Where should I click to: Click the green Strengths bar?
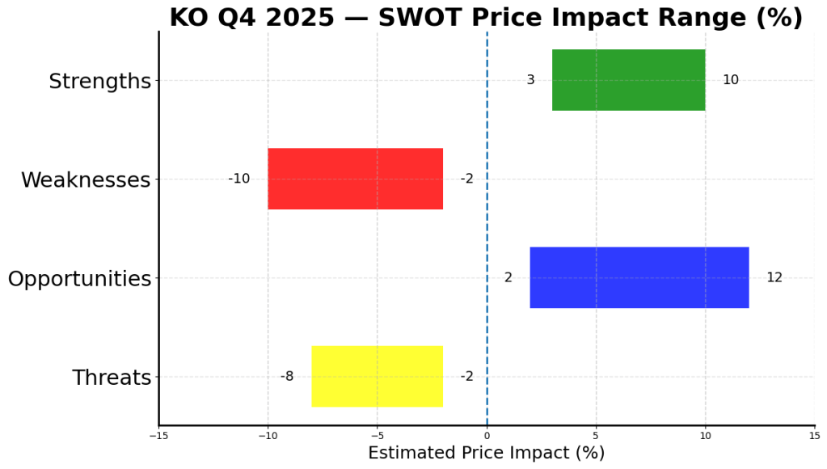pyautogui.click(x=628, y=80)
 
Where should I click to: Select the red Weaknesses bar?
pyautogui.click(x=355, y=179)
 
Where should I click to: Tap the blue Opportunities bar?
pyautogui.click(x=639, y=277)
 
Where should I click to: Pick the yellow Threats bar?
pyautogui.click(x=377, y=376)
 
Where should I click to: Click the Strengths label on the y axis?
pyautogui.click(x=99, y=82)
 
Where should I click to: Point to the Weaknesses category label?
pyautogui.click(x=86, y=180)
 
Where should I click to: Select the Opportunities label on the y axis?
pyautogui.click(x=79, y=280)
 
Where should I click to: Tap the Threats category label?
pyautogui.click(x=112, y=378)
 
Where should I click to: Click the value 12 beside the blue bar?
pyautogui.click(x=774, y=277)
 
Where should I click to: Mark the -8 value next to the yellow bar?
pyautogui.click(x=287, y=376)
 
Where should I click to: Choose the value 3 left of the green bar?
pyautogui.click(x=530, y=80)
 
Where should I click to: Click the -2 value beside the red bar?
pyautogui.click(x=466, y=179)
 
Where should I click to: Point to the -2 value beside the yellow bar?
pyautogui.click(x=466, y=376)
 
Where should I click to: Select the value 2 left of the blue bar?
pyautogui.click(x=508, y=277)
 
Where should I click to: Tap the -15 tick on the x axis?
pyautogui.click(x=158, y=436)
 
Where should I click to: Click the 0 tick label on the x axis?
pyautogui.click(x=487, y=436)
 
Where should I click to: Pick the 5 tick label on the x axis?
pyautogui.click(x=596, y=436)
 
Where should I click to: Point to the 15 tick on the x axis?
pyautogui.click(x=814, y=436)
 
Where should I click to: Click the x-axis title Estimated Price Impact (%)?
pyautogui.click(x=486, y=453)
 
